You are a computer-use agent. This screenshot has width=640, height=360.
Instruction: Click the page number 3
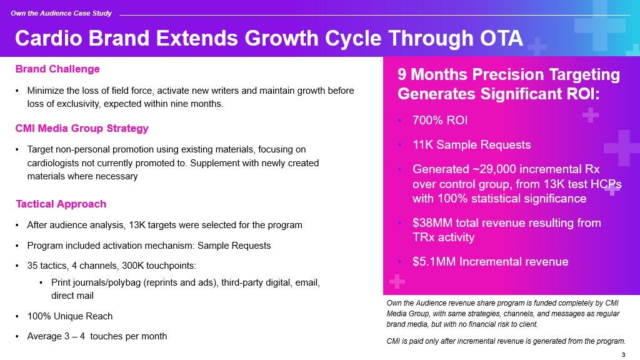pyautogui.click(x=623, y=355)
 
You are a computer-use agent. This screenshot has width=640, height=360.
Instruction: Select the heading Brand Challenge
pyautogui.click(x=57, y=69)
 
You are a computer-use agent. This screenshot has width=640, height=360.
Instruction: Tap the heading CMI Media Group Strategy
pyautogui.click(x=82, y=128)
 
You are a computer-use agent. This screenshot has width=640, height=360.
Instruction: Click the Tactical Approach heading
pyautogui.click(x=61, y=204)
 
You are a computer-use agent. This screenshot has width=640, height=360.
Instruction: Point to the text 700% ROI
pyautogui.click(x=440, y=121)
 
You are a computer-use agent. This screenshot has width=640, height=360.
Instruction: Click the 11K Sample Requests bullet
pyautogui.click(x=471, y=145)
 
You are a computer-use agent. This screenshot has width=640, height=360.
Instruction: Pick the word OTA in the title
pyautogui.click(x=501, y=38)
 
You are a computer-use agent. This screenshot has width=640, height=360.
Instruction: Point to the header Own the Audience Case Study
pyautogui.click(x=61, y=13)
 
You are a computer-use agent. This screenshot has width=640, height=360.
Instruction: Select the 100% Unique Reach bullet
pyautogui.click(x=70, y=316)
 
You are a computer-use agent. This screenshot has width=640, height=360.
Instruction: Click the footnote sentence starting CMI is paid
pyautogui.click(x=506, y=341)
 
